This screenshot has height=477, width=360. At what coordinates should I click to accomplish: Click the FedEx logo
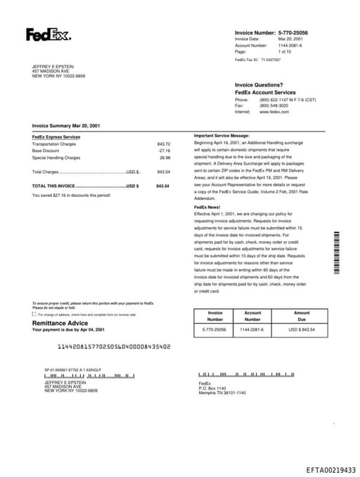coord(48,34)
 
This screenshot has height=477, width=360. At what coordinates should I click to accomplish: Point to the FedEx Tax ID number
coord(270,61)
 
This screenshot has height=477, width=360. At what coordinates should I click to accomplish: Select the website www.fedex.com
coord(274,112)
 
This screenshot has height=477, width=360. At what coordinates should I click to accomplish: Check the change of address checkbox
coord(34,314)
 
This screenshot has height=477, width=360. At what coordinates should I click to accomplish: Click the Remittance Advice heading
coord(60,323)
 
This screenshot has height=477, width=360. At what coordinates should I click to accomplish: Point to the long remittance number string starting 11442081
coord(114,346)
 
